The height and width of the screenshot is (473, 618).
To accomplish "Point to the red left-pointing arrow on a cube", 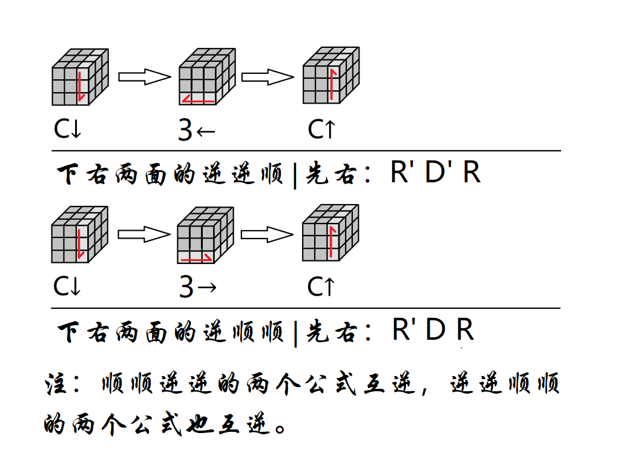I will tap(199, 99).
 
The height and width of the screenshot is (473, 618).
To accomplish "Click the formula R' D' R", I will tap(435, 173).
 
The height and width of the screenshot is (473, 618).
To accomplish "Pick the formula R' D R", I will tap(432, 330).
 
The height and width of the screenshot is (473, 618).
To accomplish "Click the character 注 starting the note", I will tap(57, 386).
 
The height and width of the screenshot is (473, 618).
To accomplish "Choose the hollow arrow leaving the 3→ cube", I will tap(267, 234).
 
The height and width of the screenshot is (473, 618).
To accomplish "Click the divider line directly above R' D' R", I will tap(306, 151).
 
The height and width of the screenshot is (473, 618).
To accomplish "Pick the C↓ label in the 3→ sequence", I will tap(67, 287).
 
